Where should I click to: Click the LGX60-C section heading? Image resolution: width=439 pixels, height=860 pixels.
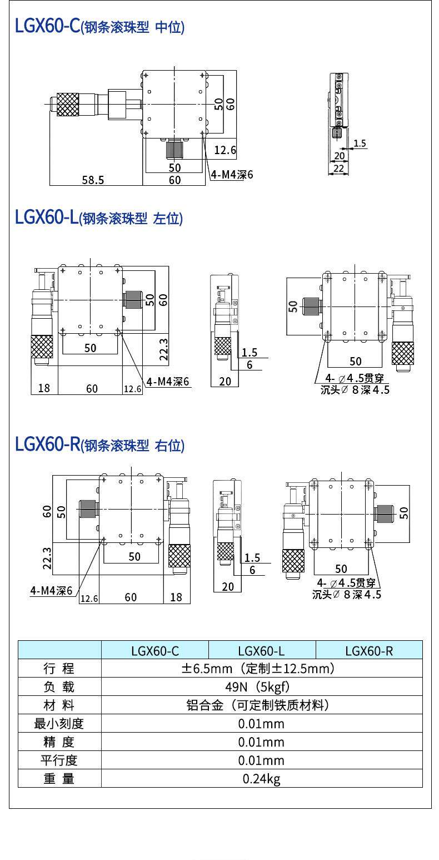(99, 27)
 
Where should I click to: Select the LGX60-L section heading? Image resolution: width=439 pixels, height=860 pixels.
(98, 218)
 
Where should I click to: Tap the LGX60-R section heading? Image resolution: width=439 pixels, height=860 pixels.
(99, 444)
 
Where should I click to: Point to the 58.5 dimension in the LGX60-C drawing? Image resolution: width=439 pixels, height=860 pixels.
(93, 179)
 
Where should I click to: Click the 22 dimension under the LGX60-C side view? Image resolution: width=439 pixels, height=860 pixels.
(338, 168)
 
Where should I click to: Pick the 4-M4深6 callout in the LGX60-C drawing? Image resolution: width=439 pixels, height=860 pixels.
(232, 174)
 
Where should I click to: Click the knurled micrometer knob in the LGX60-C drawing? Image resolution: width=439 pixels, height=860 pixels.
(67, 103)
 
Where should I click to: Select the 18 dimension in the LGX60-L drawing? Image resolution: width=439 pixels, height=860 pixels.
(44, 388)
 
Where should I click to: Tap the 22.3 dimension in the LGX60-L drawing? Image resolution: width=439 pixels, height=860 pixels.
(164, 349)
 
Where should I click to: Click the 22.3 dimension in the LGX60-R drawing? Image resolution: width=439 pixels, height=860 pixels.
(47, 558)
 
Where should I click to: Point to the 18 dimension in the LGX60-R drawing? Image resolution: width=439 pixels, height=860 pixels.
(176, 597)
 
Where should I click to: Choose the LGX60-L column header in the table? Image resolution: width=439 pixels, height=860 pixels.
(262, 650)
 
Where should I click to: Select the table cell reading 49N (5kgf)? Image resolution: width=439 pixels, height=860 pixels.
(261, 686)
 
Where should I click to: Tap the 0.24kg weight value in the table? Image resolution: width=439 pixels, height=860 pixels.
(261, 778)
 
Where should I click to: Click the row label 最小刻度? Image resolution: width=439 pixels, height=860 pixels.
(59, 723)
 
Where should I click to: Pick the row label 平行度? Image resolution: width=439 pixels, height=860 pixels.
(59, 760)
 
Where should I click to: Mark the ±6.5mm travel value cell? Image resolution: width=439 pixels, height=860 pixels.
(261, 668)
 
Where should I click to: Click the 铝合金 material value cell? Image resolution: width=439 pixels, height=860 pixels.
(261, 705)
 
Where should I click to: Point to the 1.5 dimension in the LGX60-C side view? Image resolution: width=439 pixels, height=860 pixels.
(360, 143)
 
